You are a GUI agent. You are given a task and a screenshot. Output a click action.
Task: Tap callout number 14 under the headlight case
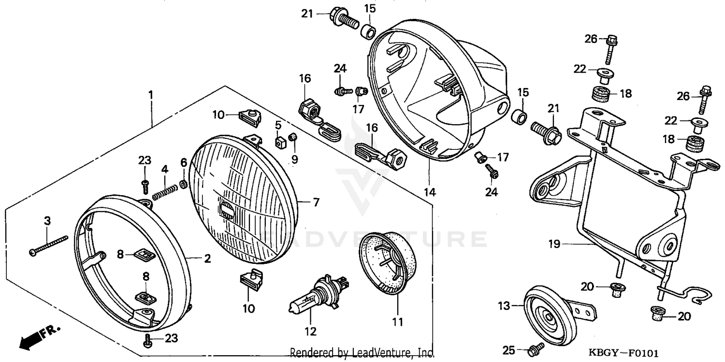[x=430, y=192]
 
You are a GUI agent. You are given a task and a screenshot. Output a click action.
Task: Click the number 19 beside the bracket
[x=554, y=244]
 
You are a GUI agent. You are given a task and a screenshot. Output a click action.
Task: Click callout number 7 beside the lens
[x=316, y=203]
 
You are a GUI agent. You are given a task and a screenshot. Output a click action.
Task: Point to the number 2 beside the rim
[x=207, y=259]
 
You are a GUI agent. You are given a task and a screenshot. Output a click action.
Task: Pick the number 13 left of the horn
[x=504, y=305]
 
